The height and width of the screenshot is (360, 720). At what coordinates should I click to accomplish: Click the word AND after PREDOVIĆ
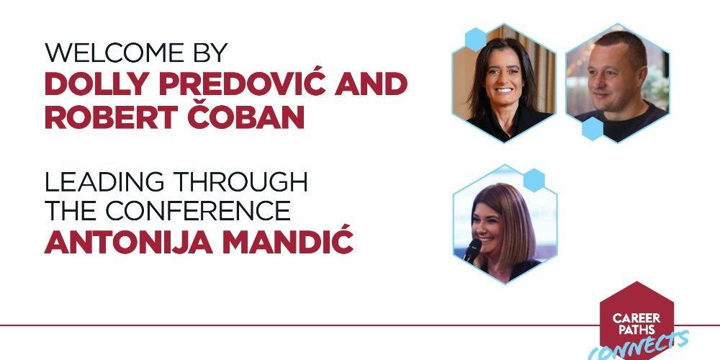coord(371,84)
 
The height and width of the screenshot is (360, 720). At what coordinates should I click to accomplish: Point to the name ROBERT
coord(111,117)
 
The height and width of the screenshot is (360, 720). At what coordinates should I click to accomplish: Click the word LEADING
coord(104,182)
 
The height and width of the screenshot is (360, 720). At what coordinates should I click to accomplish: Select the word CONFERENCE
coord(198,211)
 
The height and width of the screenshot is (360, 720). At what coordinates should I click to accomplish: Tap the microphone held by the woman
coord(472,251)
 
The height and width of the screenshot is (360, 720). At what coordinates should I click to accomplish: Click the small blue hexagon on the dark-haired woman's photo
coord(476,40)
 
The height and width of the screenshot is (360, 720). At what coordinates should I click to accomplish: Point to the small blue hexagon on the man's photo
coord(593,129)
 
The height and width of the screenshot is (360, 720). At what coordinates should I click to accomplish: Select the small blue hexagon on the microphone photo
coord(534,180)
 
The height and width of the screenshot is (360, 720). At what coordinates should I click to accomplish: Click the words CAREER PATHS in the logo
coord(636,324)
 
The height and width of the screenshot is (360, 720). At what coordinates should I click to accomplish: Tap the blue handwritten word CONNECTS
coord(639,346)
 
